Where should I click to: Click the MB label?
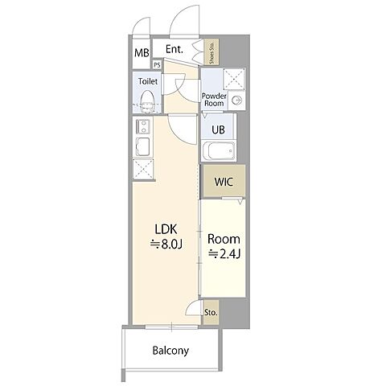coord(142,53)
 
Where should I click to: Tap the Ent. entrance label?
coord(175,49)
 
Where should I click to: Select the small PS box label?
coord(158,64)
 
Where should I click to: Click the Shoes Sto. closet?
coord(211,51)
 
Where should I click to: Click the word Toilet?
coord(148,81)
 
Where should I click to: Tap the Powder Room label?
coord(214,100)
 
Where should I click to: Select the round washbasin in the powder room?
coord(237,101)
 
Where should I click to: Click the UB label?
coord(218,130)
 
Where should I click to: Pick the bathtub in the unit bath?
coord(219,151)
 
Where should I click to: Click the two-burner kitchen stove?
coord(142,126)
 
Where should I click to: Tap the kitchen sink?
coord(142,146)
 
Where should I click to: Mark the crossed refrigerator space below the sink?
coord(143,168)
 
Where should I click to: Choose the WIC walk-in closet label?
coord(224,182)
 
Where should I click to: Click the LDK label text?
coord(166,229)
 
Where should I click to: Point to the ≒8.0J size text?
coord(166,244)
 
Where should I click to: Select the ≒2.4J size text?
coord(224,253)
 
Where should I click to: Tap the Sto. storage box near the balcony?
coord(211,312)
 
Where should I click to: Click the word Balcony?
coord(170,351)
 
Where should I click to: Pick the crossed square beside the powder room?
coord(234,79)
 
